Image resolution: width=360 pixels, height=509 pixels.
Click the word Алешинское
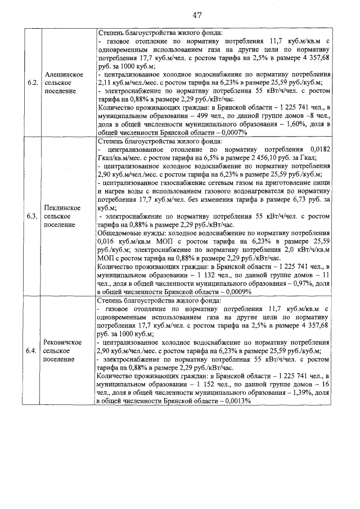[x=64, y=74]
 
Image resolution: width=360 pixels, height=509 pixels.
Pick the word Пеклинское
[x=64, y=208]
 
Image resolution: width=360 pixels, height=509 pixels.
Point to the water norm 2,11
[x=106, y=83]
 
